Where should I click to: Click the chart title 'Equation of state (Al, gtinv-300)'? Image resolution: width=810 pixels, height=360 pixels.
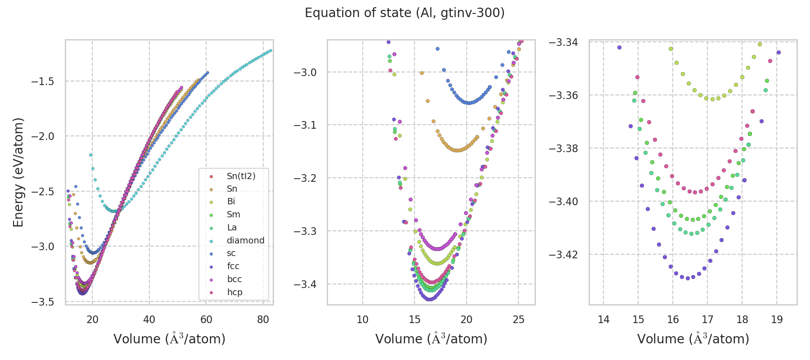tap(405, 13)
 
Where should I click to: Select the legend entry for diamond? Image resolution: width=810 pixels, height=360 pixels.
tap(245, 240)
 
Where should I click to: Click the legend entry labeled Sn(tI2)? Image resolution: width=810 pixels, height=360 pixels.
tap(241, 176)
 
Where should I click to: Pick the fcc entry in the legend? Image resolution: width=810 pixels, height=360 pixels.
tap(233, 266)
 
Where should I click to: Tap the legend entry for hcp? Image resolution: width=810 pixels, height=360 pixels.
tap(234, 292)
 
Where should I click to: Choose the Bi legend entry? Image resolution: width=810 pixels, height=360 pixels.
tap(231, 202)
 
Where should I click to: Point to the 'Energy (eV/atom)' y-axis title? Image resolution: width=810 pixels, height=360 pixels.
tap(18, 172)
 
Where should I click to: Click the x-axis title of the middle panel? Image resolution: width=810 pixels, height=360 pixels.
tap(431, 339)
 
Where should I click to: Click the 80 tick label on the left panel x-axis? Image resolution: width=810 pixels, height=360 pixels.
tap(263, 319)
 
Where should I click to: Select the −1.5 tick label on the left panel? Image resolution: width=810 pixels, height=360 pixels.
tap(43, 81)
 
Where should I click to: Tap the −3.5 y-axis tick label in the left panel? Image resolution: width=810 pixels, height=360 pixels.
tap(43, 301)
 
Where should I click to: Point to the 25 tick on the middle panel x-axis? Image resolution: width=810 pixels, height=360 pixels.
tap(518, 319)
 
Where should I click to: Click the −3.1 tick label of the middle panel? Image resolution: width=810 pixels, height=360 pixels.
tap(305, 125)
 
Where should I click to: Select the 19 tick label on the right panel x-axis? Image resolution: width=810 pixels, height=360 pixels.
tap(777, 319)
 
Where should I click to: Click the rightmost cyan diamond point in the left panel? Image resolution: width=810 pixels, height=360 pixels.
tap(270, 50)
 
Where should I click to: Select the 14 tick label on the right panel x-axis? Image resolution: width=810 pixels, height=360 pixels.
tap(603, 319)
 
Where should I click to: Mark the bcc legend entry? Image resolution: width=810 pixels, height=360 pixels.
tap(234, 279)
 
